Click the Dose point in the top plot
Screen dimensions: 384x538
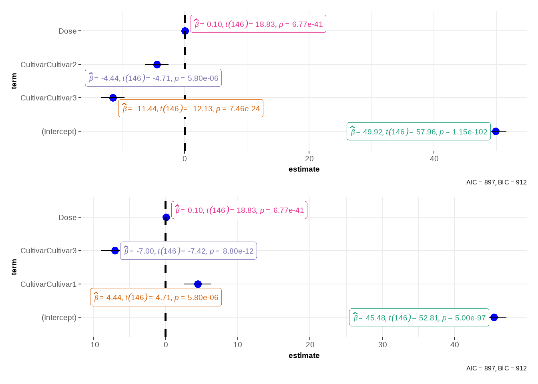point(185,31)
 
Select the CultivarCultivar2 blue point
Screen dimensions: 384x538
point(157,64)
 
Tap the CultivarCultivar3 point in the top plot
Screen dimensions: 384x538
point(113,98)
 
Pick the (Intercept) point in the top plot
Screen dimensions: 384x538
point(496,131)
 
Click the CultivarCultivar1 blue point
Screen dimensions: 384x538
point(198,284)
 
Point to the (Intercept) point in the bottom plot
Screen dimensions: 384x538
point(494,317)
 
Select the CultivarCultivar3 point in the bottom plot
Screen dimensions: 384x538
point(115,250)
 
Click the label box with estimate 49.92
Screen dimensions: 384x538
point(418,132)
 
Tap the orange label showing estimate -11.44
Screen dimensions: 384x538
point(191,108)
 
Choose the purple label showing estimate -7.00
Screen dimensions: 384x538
point(188,251)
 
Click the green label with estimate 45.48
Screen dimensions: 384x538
point(419,318)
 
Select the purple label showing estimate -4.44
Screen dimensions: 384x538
point(153,78)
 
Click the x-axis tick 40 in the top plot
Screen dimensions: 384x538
point(434,159)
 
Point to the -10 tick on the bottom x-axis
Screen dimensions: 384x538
point(93,345)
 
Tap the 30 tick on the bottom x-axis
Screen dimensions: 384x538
point(382,345)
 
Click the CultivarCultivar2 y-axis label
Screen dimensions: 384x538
point(48,64)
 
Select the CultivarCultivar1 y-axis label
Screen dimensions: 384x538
point(48,284)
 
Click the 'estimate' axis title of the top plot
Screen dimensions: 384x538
point(304,169)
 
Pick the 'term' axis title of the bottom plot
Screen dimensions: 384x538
point(14,267)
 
